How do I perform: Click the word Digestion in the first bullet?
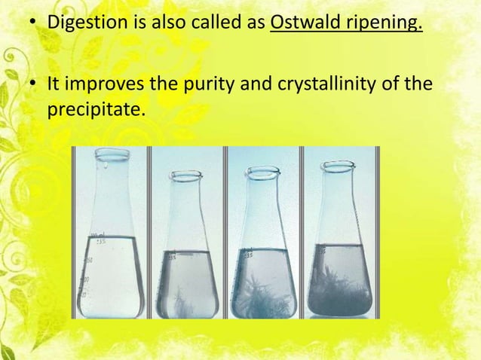pyautogui.click(x=83, y=22)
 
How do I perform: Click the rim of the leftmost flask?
pyautogui.click(x=112, y=153)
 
